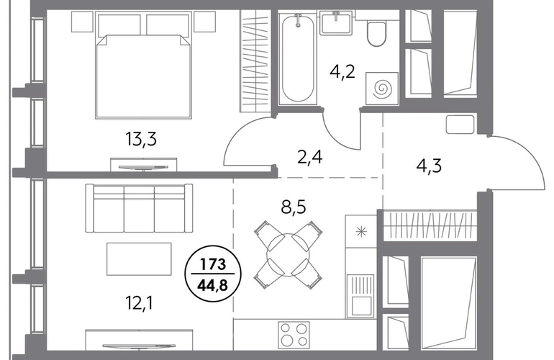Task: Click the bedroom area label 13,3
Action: [x=141, y=139]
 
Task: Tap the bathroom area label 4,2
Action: [x=342, y=72]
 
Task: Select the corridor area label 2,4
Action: [x=310, y=157]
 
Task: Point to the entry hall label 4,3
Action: [x=429, y=166]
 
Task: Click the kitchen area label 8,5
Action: [x=294, y=207]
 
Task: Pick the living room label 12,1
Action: [x=139, y=302]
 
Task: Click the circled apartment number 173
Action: [x=213, y=264]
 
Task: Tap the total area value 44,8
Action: [x=213, y=283]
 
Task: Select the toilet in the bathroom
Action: [x=376, y=33]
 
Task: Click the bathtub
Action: [x=297, y=58]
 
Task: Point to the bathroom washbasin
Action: [x=336, y=22]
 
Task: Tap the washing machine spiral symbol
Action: [x=382, y=89]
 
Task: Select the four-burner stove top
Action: [x=294, y=334]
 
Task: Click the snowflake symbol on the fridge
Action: [x=361, y=232]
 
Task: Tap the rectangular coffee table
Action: [x=139, y=259]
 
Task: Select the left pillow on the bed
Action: [x=119, y=24]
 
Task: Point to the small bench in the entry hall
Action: [x=460, y=124]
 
